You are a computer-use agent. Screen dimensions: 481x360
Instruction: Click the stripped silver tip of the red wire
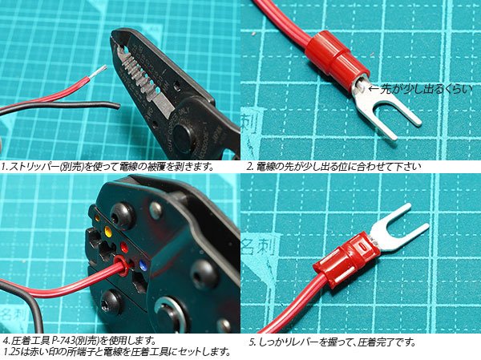pyautogui.click(x=99, y=71)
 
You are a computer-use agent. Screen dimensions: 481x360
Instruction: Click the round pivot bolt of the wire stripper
pyautogui.click(x=184, y=134)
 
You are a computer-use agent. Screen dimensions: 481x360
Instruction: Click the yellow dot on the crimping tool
pyautogui.click(x=108, y=230)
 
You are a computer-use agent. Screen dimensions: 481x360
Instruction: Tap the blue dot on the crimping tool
pyautogui.click(x=143, y=265)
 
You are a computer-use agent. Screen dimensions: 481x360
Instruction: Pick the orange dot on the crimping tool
pyautogui.click(x=97, y=217)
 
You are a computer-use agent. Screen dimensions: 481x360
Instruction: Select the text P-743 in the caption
pyautogui.click(x=63, y=340)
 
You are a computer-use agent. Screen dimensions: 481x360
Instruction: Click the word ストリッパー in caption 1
pyautogui.click(x=33, y=167)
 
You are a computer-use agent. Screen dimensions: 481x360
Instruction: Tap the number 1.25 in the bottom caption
pyautogui.click(x=12, y=351)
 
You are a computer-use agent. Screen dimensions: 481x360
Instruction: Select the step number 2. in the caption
pyautogui.click(x=250, y=167)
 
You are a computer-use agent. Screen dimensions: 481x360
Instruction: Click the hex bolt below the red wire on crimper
pyautogui.click(x=111, y=301)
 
